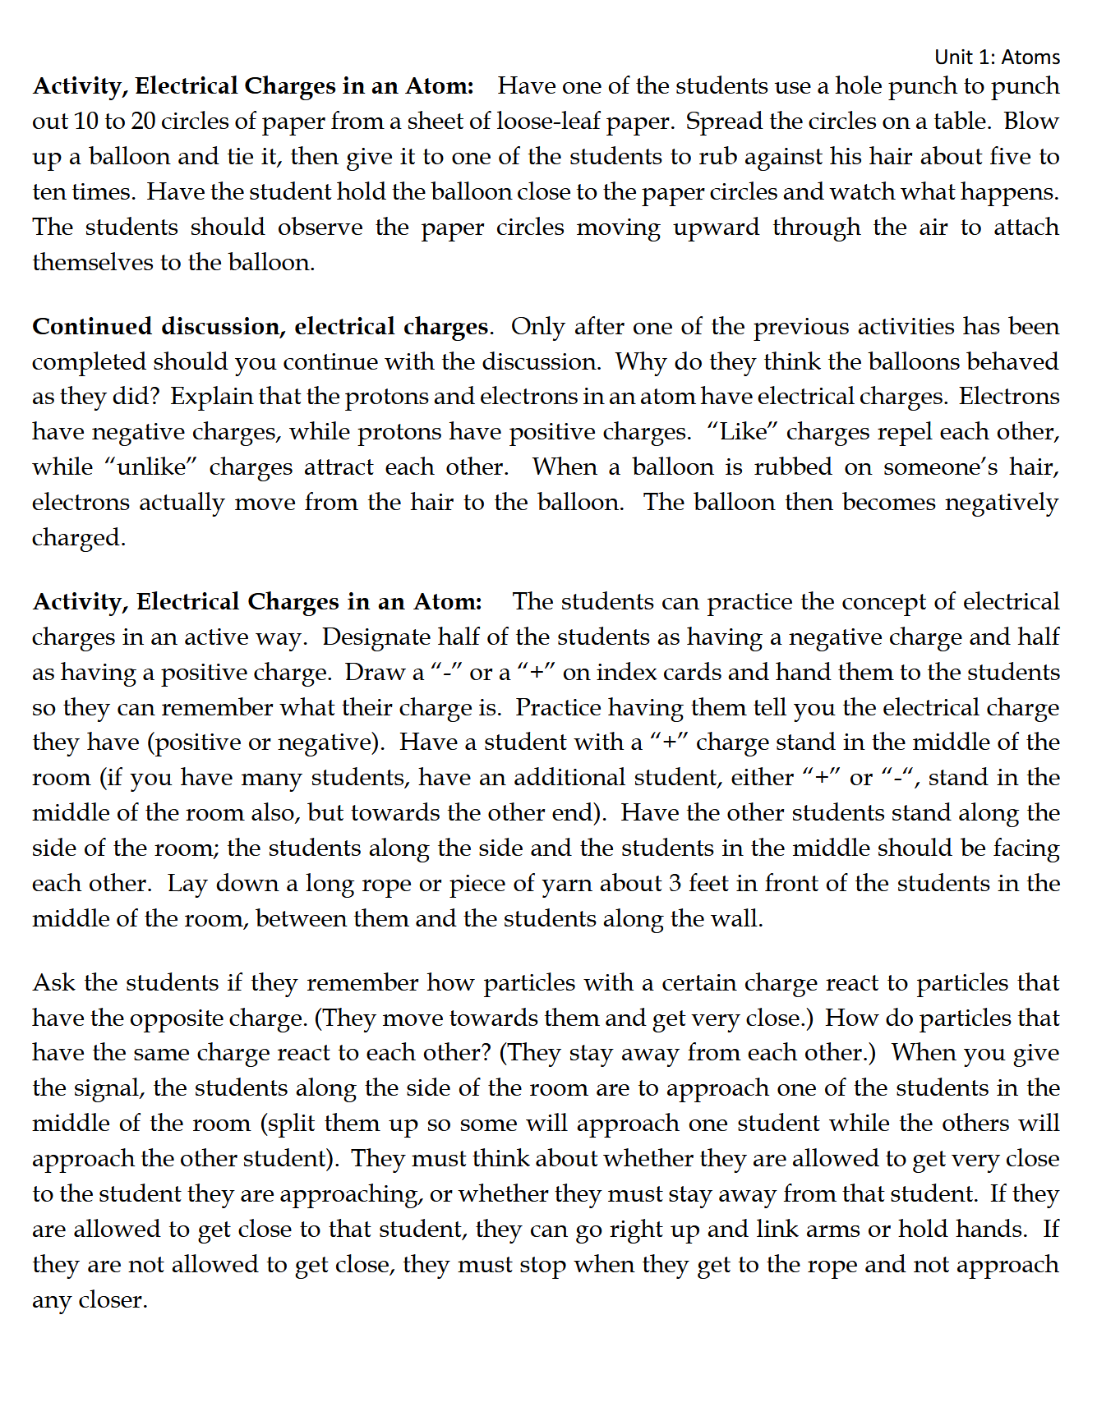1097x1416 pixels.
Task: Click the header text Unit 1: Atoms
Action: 997,57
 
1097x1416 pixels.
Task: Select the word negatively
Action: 1002,503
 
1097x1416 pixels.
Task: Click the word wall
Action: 741,919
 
